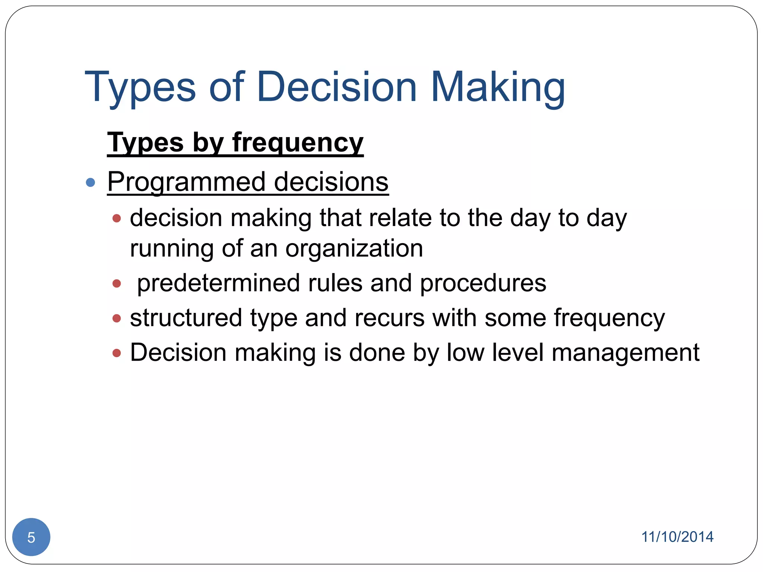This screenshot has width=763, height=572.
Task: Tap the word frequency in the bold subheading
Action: pyautogui.click(x=298, y=143)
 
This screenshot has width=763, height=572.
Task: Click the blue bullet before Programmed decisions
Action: pyautogui.click(x=91, y=182)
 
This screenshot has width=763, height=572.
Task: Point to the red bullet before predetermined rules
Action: pyautogui.click(x=117, y=284)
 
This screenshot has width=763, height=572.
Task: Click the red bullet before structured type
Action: pyautogui.click(x=117, y=318)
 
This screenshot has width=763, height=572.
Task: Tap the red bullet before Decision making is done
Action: pyautogui.click(x=117, y=353)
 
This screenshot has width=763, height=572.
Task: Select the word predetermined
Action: pyautogui.click(x=219, y=283)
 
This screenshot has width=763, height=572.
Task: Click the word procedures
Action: pyautogui.click(x=483, y=283)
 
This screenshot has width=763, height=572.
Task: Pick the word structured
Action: pyautogui.click(x=186, y=318)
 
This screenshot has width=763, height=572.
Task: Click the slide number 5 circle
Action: pyautogui.click(x=31, y=537)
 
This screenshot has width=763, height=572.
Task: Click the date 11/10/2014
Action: pyautogui.click(x=677, y=537)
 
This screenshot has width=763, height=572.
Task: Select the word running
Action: pyautogui.click(x=171, y=249)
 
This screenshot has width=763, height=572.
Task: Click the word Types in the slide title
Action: pyautogui.click(x=140, y=88)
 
